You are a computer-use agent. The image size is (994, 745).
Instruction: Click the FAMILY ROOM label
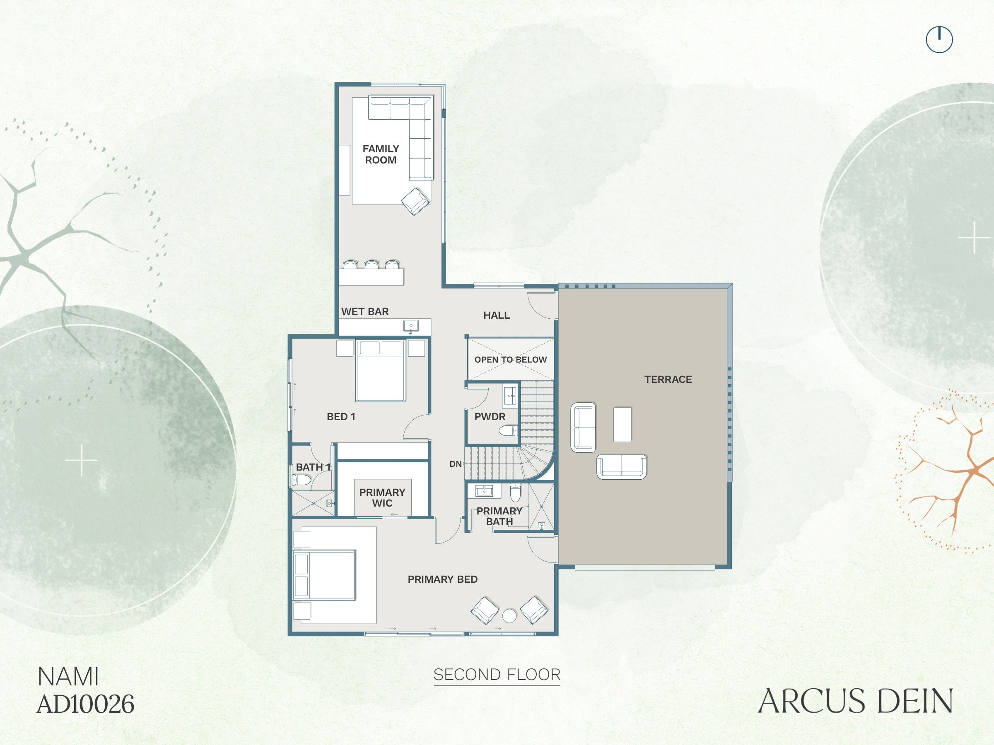[x=381, y=154]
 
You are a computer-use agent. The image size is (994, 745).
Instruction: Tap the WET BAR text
[x=365, y=312]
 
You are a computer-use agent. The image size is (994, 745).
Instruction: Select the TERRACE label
[x=668, y=380]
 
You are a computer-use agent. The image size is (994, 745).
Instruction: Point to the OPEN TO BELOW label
[x=511, y=360]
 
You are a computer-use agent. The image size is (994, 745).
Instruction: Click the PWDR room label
[x=490, y=417]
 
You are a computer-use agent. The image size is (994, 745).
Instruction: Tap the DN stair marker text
[x=455, y=464]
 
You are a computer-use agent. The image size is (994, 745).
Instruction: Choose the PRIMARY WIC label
[x=382, y=497]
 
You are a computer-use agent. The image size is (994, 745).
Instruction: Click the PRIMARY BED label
[x=443, y=579]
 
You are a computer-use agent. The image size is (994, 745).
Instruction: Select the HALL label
[x=497, y=315]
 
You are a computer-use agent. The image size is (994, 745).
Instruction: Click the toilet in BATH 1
[x=301, y=480]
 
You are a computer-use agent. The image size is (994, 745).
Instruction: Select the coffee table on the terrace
[x=622, y=424]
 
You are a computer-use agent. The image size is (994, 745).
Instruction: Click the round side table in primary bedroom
[x=509, y=616]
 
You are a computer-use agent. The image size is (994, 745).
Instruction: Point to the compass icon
[x=939, y=39]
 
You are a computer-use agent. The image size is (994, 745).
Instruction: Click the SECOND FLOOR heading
[x=497, y=675]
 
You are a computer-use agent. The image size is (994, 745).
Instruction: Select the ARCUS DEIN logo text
[x=856, y=701]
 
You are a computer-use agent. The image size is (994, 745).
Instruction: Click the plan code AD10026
[x=85, y=704]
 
